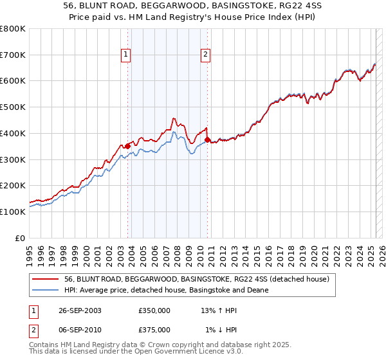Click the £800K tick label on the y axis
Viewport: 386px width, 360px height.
coord(13,29)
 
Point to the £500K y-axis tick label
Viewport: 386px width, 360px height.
coord(13,107)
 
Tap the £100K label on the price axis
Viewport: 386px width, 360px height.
coord(13,212)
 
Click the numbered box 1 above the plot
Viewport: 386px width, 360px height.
coord(127,55)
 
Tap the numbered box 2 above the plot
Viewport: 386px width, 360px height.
coord(205,55)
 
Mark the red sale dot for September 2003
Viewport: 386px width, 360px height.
coord(128,147)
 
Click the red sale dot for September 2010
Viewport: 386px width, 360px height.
coord(207,139)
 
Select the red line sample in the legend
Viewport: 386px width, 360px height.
coord(46,279)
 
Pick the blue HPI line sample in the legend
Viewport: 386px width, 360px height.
coord(46,290)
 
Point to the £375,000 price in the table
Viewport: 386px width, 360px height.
coord(154,330)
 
